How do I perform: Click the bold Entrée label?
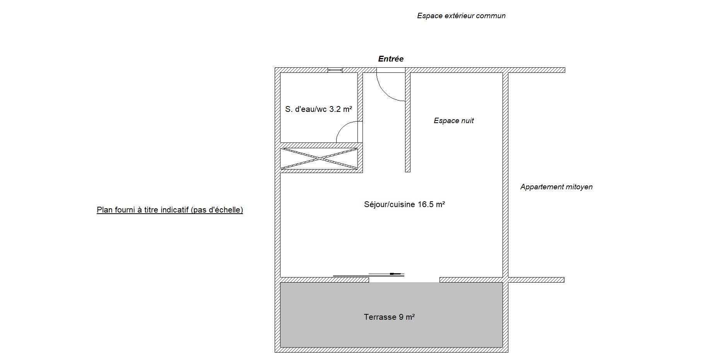click(x=391, y=59)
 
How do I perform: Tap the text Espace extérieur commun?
click(x=461, y=16)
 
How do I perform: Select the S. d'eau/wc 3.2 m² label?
click(x=318, y=109)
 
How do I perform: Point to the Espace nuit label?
click(x=453, y=121)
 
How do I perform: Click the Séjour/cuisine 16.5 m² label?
click(x=404, y=204)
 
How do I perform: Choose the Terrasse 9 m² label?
click(x=389, y=317)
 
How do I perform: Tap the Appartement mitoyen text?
click(x=556, y=187)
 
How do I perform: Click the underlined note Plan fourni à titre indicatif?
click(x=170, y=210)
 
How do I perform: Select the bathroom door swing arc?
click(x=342, y=127)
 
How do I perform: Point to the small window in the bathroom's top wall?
click(x=335, y=70)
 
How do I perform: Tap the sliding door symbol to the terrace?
click(x=369, y=275)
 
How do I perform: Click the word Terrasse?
click(x=380, y=317)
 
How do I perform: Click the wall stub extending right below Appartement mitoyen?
click(x=536, y=280)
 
